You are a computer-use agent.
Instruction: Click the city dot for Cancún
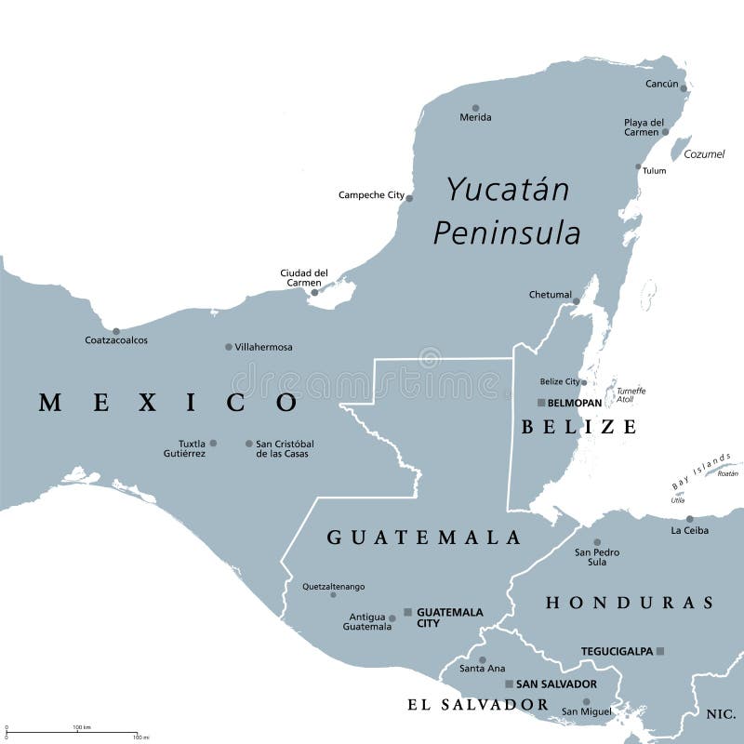point(684,89)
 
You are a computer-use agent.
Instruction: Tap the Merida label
point(475,117)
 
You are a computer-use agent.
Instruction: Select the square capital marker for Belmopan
point(541,403)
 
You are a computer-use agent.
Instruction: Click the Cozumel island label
point(704,154)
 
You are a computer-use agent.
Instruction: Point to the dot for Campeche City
point(409,197)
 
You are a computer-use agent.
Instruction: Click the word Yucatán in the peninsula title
point(507,190)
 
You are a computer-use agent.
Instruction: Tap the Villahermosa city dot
point(229,347)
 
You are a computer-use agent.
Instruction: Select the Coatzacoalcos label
point(116,340)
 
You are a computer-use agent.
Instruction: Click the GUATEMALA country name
point(424,538)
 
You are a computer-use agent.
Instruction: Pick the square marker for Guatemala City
point(407,612)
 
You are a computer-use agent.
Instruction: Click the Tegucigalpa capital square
point(660,651)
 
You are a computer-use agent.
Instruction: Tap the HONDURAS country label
point(629,603)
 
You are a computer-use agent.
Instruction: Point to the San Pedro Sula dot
point(597,542)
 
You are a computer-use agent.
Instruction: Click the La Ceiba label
point(689,530)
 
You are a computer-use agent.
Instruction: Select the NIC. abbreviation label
point(719,714)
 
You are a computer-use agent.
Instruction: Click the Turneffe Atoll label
point(631,396)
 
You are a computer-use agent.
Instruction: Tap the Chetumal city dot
point(577,300)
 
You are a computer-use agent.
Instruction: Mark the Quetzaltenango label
point(333,587)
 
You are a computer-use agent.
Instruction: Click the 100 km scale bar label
point(82,727)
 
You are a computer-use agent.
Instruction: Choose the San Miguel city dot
point(587,702)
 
